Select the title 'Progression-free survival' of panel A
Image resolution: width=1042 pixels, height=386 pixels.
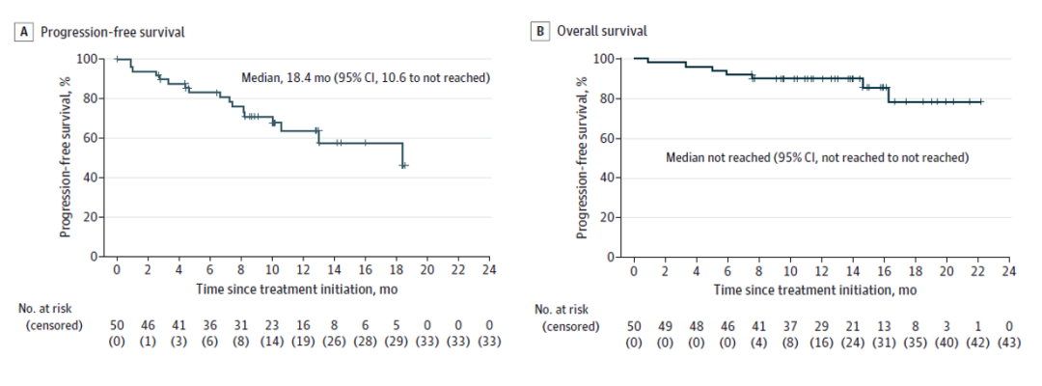(111, 32)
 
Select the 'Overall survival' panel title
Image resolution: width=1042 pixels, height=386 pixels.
(600, 32)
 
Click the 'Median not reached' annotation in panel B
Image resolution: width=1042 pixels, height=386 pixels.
(816, 156)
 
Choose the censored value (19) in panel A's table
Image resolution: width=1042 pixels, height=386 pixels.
(302, 342)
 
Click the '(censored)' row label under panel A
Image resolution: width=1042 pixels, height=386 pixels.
(54, 325)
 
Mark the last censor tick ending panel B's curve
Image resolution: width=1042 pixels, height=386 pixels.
(980, 100)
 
